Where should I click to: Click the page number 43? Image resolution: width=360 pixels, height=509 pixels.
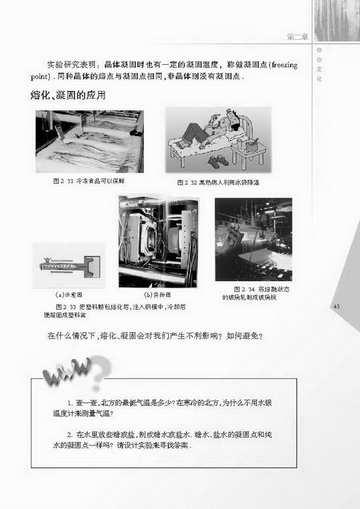[x=337, y=307]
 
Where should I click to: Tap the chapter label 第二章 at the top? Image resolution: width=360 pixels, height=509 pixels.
[x=297, y=37]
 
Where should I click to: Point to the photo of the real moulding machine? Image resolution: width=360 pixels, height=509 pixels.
[x=158, y=241]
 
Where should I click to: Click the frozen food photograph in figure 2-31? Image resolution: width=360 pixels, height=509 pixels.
[x=89, y=141]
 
